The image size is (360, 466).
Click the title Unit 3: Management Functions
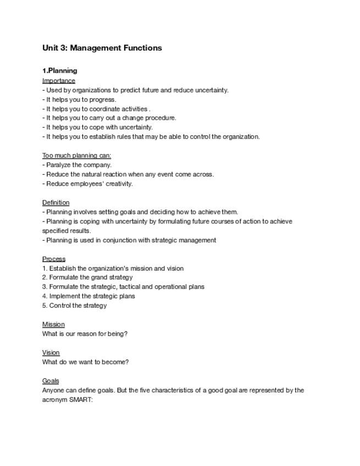point(102,48)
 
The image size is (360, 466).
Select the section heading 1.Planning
point(59,71)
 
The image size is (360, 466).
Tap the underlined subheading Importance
point(58,81)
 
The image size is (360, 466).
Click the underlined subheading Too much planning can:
point(76,156)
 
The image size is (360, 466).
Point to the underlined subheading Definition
point(56,203)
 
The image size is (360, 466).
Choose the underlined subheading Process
point(53,259)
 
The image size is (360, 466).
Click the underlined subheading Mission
point(53,324)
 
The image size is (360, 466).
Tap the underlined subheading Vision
point(51,353)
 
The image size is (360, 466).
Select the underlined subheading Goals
point(51,381)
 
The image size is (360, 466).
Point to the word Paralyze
point(59,165)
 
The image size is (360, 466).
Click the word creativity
point(119,184)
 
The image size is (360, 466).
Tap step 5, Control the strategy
point(74,306)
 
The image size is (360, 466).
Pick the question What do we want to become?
point(85,362)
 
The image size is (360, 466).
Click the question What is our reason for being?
point(85,334)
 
